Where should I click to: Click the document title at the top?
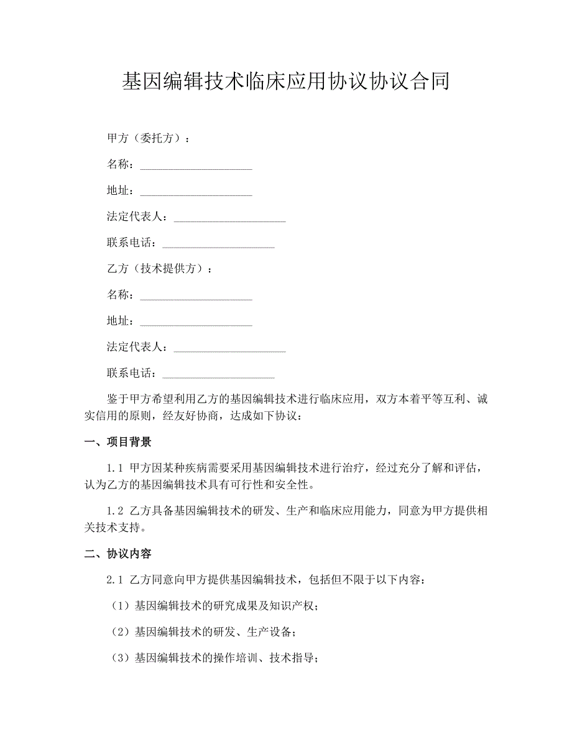[285, 82]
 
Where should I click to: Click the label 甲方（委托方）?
[145, 138]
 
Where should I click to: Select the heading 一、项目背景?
[118, 442]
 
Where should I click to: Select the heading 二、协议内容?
[118, 554]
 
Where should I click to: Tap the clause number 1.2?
[116, 511]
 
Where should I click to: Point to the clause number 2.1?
[116, 580]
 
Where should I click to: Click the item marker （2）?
[119, 632]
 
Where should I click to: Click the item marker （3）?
[119, 658]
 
